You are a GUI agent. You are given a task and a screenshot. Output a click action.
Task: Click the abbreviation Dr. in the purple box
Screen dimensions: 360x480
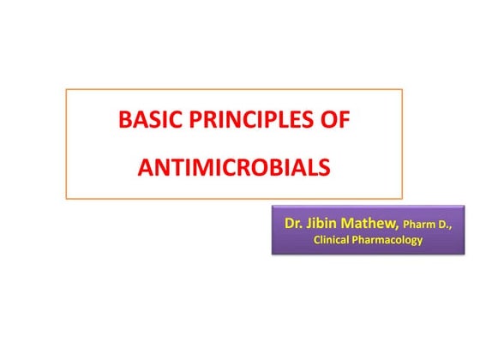tap(293, 224)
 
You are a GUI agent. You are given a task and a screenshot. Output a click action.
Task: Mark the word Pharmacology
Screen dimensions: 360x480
tap(391, 241)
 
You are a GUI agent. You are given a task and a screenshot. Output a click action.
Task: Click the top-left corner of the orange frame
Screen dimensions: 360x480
tap(66, 88)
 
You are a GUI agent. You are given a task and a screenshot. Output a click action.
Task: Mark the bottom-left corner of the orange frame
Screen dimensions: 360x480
tap(66, 199)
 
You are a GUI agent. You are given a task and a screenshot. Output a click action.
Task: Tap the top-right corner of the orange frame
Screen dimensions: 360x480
tap(403, 88)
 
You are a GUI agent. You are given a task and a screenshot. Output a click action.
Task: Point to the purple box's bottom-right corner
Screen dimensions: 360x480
tap(451, 255)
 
